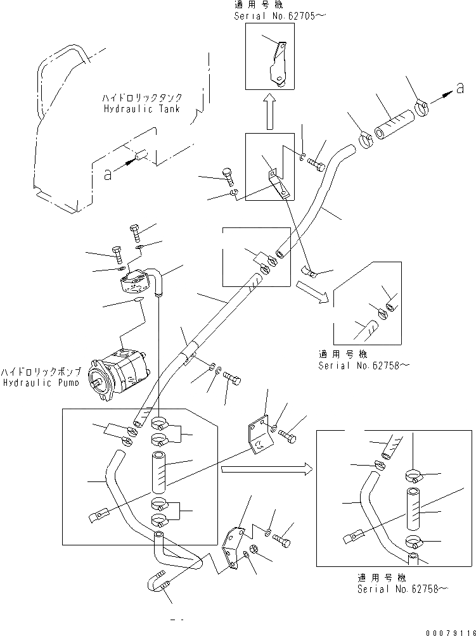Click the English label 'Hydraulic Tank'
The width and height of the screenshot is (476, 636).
pyautogui.click(x=142, y=109)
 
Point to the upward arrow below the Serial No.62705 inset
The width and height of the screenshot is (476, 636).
pyautogui.click(x=269, y=109)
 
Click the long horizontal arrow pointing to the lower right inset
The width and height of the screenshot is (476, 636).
pyautogui.click(x=266, y=469)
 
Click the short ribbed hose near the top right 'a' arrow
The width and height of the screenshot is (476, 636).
pyautogui.click(x=393, y=124)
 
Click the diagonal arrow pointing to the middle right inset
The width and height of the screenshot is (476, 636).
pyautogui.click(x=313, y=293)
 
